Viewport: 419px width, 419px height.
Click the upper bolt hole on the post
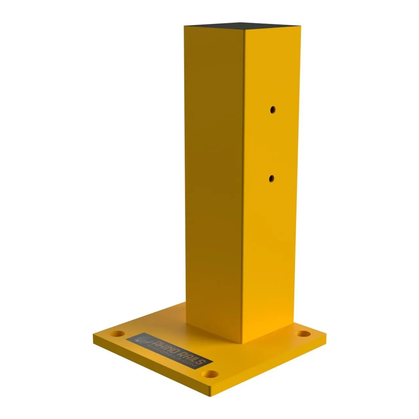click(272, 110)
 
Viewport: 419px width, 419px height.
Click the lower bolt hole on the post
click(271, 178)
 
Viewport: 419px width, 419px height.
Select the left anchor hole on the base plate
click(117, 334)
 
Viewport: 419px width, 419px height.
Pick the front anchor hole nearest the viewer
click(210, 373)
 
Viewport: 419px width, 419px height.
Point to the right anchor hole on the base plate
click(303, 334)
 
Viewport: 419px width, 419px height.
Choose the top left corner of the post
click(184, 26)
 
